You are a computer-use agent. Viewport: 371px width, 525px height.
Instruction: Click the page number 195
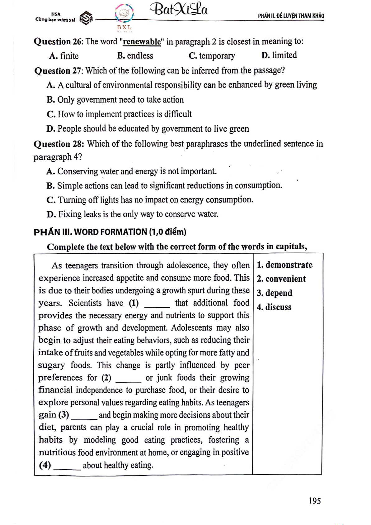click(x=315, y=501)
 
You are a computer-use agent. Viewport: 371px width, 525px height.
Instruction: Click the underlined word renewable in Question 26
click(x=142, y=42)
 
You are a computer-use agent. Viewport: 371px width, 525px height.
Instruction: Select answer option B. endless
click(x=135, y=56)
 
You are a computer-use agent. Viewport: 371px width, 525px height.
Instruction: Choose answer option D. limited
click(x=279, y=55)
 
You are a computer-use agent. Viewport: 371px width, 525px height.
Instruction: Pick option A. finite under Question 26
click(x=64, y=56)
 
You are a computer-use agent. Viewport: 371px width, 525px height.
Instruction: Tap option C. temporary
click(x=212, y=56)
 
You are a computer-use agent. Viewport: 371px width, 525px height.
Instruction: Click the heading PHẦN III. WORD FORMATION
click(x=110, y=232)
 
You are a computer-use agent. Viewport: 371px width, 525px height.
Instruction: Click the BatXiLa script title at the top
click(x=179, y=10)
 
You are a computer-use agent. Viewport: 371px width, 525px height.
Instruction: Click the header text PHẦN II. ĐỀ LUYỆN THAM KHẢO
click(x=291, y=16)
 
